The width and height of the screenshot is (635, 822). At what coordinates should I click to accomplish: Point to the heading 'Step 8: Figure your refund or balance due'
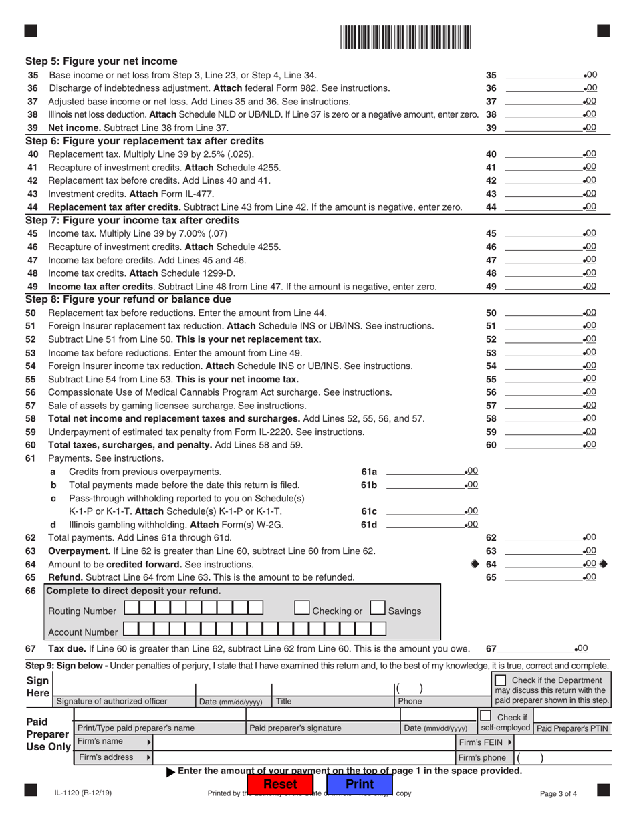[129, 299]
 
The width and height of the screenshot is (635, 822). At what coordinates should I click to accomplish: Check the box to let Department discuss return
[496, 679]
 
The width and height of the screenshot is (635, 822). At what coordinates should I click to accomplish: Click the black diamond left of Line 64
[475, 564]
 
